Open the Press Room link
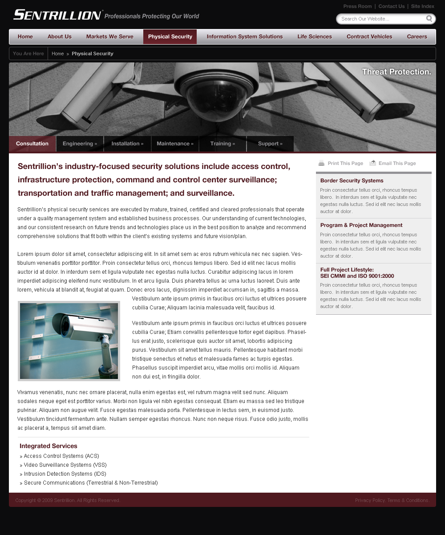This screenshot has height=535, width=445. [x=357, y=6]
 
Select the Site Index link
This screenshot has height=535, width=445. [x=422, y=6]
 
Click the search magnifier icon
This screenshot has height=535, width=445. [x=429, y=18]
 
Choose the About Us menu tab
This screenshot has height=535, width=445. [x=60, y=37]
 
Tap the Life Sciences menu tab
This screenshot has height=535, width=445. [x=315, y=37]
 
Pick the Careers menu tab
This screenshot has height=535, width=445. [x=417, y=37]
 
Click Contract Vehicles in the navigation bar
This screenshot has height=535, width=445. [x=369, y=37]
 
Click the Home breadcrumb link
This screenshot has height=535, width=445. [x=58, y=53]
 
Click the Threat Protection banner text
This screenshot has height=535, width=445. [x=396, y=72]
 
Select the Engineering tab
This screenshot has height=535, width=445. [x=80, y=144]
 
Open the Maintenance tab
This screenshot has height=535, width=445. [x=175, y=144]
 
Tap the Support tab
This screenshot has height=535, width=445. [x=270, y=144]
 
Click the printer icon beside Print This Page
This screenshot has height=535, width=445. [x=321, y=163]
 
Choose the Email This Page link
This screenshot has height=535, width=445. [x=397, y=163]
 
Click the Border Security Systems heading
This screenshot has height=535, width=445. [x=352, y=181]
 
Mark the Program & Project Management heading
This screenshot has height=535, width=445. [x=361, y=225]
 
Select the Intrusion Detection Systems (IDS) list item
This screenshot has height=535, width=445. [x=65, y=474]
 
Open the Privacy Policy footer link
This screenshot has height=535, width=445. [x=370, y=500]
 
